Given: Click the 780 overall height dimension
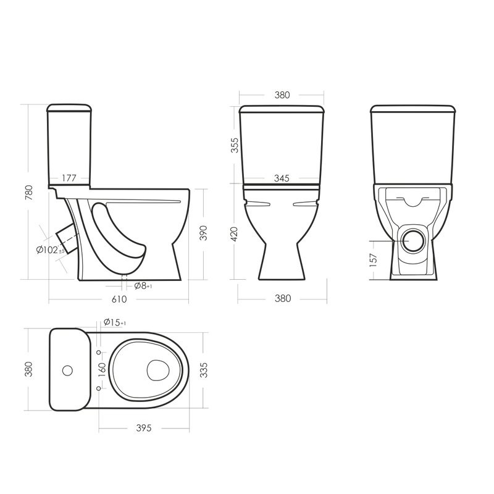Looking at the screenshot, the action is (x=28, y=193).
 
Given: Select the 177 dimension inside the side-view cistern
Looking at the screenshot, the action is (x=69, y=178).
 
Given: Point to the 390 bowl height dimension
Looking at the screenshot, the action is (x=204, y=233).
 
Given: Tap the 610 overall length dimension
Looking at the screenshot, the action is (x=119, y=299).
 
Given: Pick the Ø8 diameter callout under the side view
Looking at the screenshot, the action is (x=143, y=286).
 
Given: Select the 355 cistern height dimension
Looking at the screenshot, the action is (x=235, y=145).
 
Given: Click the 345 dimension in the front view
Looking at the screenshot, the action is (x=282, y=178).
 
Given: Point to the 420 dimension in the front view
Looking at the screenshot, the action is (x=235, y=234).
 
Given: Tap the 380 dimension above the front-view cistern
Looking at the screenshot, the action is (x=282, y=95).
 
